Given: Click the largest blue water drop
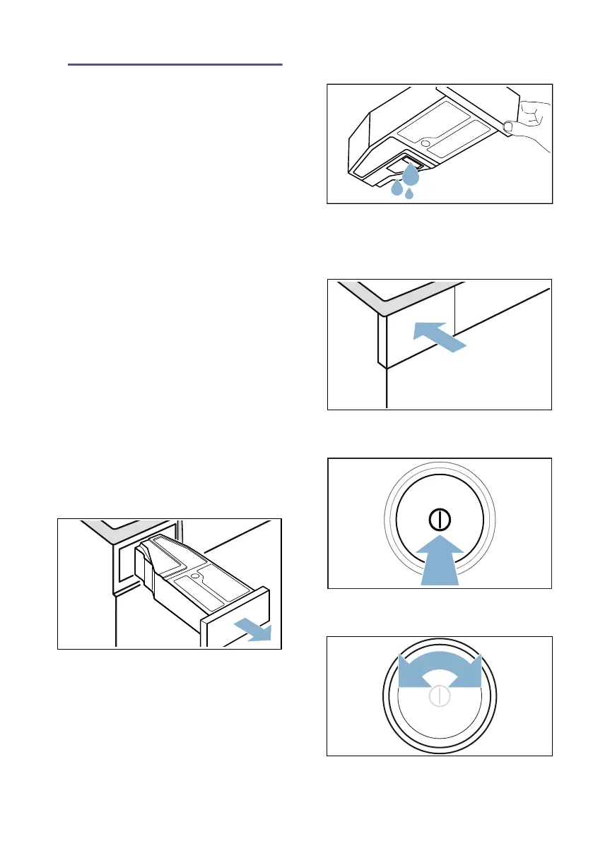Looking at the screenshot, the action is (x=411, y=175).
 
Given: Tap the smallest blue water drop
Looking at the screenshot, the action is (x=409, y=193).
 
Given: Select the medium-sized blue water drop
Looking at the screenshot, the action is (x=397, y=188).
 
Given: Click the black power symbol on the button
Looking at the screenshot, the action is (x=439, y=519).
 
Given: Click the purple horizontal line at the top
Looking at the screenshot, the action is (x=175, y=64).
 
